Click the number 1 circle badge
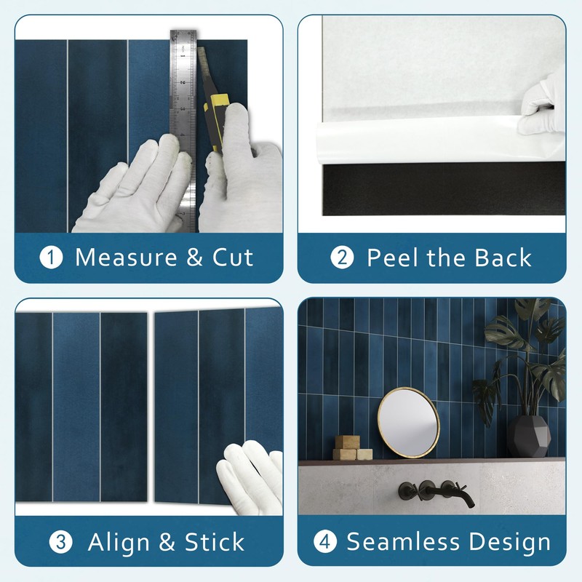point(51,258)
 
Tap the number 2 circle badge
point(342,258)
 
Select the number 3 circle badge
point(60,542)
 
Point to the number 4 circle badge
point(324,541)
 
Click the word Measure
point(126,258)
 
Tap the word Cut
point(233,258)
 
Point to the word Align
point(119,543)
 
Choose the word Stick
point(215,542)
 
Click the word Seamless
point(403,541)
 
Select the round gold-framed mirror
point(409,423)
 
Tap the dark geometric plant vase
point(529,436)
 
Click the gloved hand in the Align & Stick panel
point(250,477)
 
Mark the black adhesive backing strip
point(444,188)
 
